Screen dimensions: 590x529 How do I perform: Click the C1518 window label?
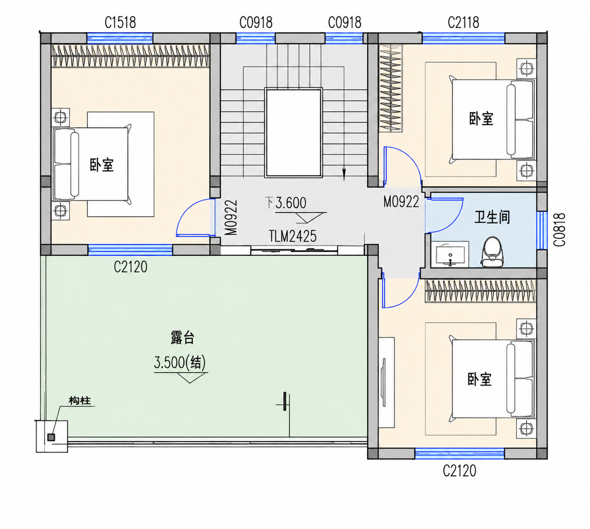point(120,22)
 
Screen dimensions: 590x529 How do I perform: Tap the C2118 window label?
point(464,22)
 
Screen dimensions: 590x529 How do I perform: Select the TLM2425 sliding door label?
point(293,236)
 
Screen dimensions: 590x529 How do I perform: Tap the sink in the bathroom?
point(450,255)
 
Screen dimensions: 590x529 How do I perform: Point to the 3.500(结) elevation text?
point(180,363)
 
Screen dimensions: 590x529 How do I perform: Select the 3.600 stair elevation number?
point(291,203)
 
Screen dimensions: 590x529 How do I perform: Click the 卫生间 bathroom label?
point(492,217)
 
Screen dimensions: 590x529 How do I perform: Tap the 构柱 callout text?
point(80,401)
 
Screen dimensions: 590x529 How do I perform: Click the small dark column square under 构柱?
point(51,437)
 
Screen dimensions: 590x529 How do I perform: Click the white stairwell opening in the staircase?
point(293,133)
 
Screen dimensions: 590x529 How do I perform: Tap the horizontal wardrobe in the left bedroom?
point(130,55)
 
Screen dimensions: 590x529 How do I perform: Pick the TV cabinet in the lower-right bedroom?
point(387,382)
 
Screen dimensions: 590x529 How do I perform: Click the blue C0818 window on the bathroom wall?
point(541,230)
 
